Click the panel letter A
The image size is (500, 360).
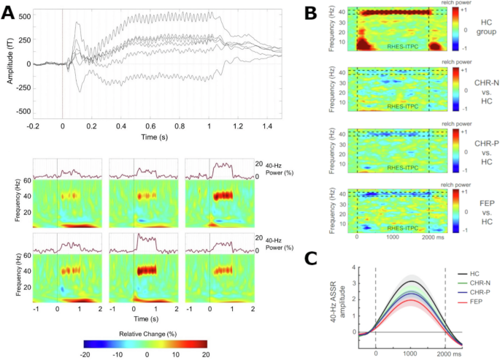(x=10, y=12)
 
